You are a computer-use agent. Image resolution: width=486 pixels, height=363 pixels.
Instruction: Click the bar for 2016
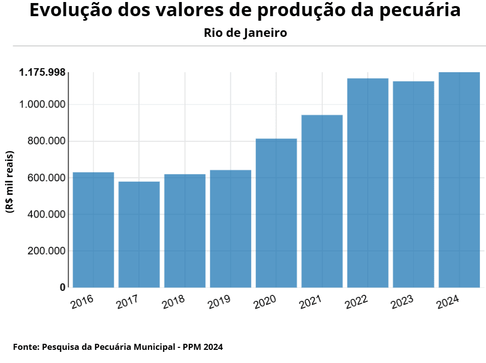[x=93, y=230]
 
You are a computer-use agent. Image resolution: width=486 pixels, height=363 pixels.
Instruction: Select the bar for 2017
[x=139, y=234]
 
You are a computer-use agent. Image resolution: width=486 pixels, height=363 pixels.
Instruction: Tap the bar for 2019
[x=230, y=229]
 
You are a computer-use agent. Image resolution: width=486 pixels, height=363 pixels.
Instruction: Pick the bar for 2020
[x=276, y=213]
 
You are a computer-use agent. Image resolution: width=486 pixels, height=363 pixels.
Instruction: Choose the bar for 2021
[x=322, y=201]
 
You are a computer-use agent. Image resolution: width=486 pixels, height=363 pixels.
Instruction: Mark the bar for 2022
[x=368, y=183]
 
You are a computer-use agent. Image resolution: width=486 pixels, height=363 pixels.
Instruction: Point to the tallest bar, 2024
[x=459, y=180]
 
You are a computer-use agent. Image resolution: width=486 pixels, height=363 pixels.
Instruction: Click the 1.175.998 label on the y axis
[x=42, y=73]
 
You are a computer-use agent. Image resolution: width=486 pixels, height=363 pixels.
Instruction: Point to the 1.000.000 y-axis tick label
[x=42, y=105]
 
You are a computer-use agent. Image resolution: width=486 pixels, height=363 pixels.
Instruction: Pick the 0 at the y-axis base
[x=63, y=287]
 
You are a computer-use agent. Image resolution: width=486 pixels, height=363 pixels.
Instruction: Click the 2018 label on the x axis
[x=174, y=302]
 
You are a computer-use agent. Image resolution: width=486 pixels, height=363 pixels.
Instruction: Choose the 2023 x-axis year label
[x=402, y=302]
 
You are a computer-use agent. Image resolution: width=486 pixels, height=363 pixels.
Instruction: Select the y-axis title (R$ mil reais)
[x=10, y=182]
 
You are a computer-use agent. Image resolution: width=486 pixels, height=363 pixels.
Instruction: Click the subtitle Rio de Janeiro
[x=246, y=33]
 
